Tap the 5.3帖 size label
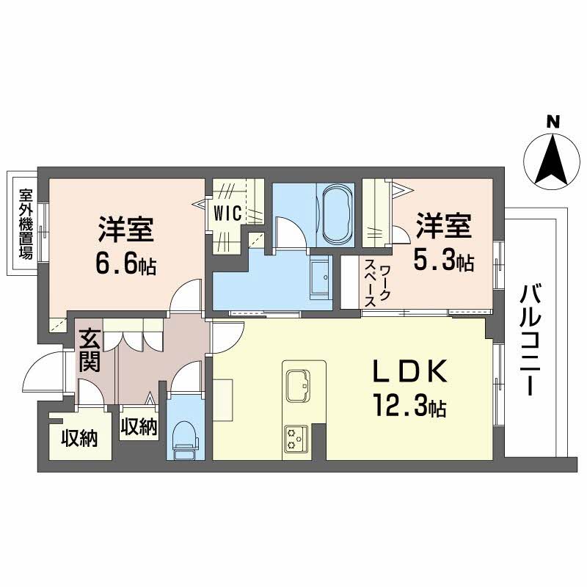tap(443, 260)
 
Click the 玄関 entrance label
tap(90, 351)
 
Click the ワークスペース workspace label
tap(379, 283)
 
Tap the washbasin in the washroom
tap(320, 279)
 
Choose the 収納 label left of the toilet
tap(139, 426)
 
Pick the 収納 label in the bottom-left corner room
tap(79, 439)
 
